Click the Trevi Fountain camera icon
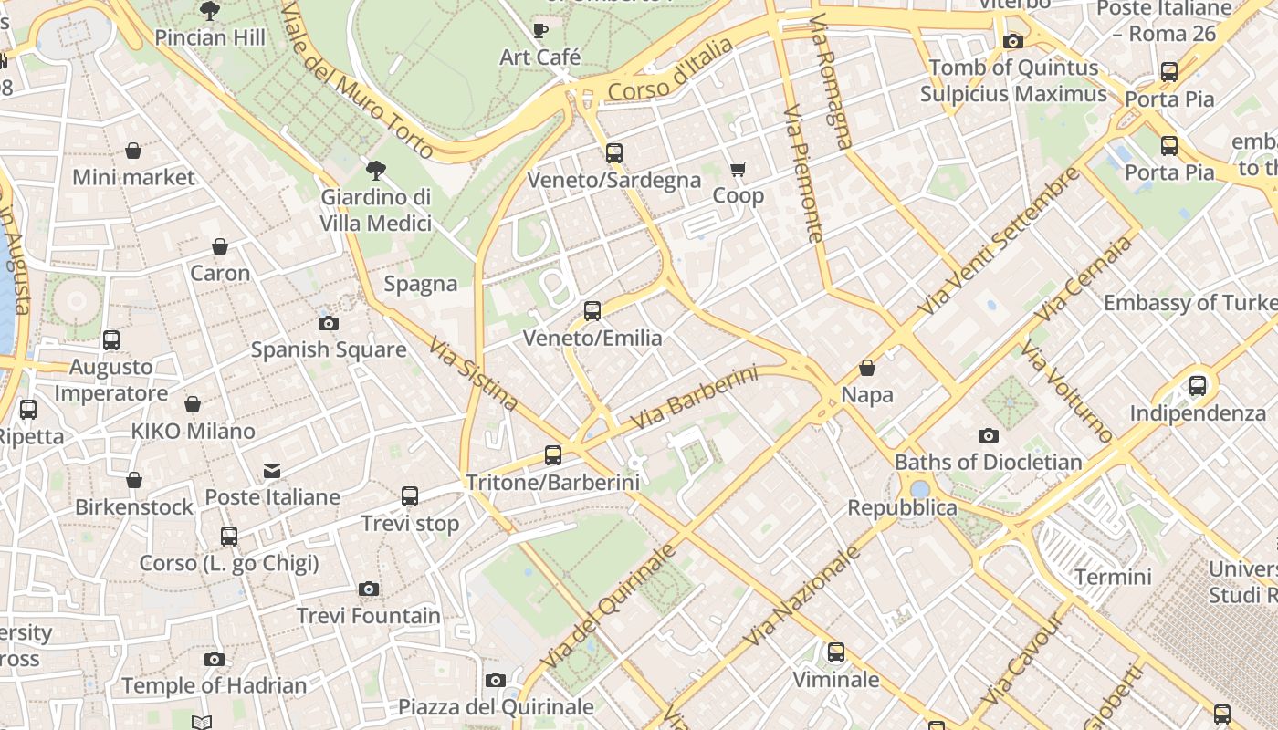click(369, 589)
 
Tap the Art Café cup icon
click(540, 30)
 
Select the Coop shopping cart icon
click(738, 169)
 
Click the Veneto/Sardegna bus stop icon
click(614, 152)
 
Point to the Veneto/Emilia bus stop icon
click(592, 311)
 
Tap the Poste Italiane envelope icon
click(272, 471)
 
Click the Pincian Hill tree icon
click(210, 11)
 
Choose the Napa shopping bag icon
click(867, 368)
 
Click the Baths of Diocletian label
click(988, 462)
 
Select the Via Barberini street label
click(696, 399)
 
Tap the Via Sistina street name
click(473, 375)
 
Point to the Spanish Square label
click(329, 349)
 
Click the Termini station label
click(1113, 577)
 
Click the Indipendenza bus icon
click(1198, 386)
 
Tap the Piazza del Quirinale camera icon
click(496, 680)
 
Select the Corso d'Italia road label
click(670, 70)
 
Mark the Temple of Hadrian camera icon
click(215, 659)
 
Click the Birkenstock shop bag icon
click(134, 480)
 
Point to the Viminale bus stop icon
click(836, 652)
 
